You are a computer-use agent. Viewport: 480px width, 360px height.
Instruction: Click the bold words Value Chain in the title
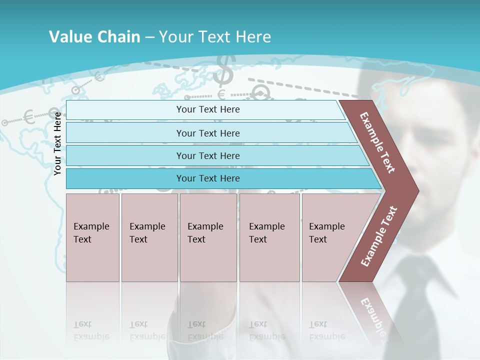point(94,37)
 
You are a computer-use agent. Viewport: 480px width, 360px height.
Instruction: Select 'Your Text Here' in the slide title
point(215,37)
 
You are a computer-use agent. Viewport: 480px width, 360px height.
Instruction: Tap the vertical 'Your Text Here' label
point(58,143)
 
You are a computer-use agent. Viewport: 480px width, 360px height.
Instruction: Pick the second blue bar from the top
point(207,133)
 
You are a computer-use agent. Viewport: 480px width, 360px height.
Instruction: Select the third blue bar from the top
point(207,155)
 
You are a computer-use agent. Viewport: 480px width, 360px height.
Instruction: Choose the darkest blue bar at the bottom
point(207,178)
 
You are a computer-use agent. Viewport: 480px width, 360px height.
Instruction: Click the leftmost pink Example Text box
point(92,237)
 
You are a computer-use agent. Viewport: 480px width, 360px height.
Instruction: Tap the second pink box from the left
point(149,237)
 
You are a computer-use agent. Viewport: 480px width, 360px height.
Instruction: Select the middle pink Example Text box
point(208,237)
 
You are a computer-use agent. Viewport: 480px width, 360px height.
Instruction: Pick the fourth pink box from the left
point(269,237)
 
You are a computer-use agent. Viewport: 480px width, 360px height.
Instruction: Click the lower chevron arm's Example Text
point(379,236)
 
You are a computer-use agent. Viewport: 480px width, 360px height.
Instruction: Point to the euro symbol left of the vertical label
point(29,117)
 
